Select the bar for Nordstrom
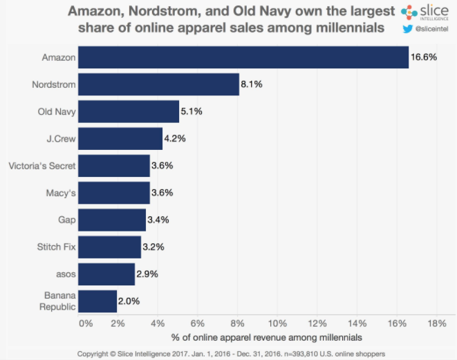(x=158, y=84)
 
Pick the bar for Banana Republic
(x=97, y=301)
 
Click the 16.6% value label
(x=424, y=57)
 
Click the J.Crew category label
(x=60, y=138)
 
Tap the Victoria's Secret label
(x=41, y=166)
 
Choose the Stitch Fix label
(x=57, y=247)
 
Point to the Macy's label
(x=59, y=193)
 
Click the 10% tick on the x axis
(x=277, y=323)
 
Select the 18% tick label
(x=437, y=323)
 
